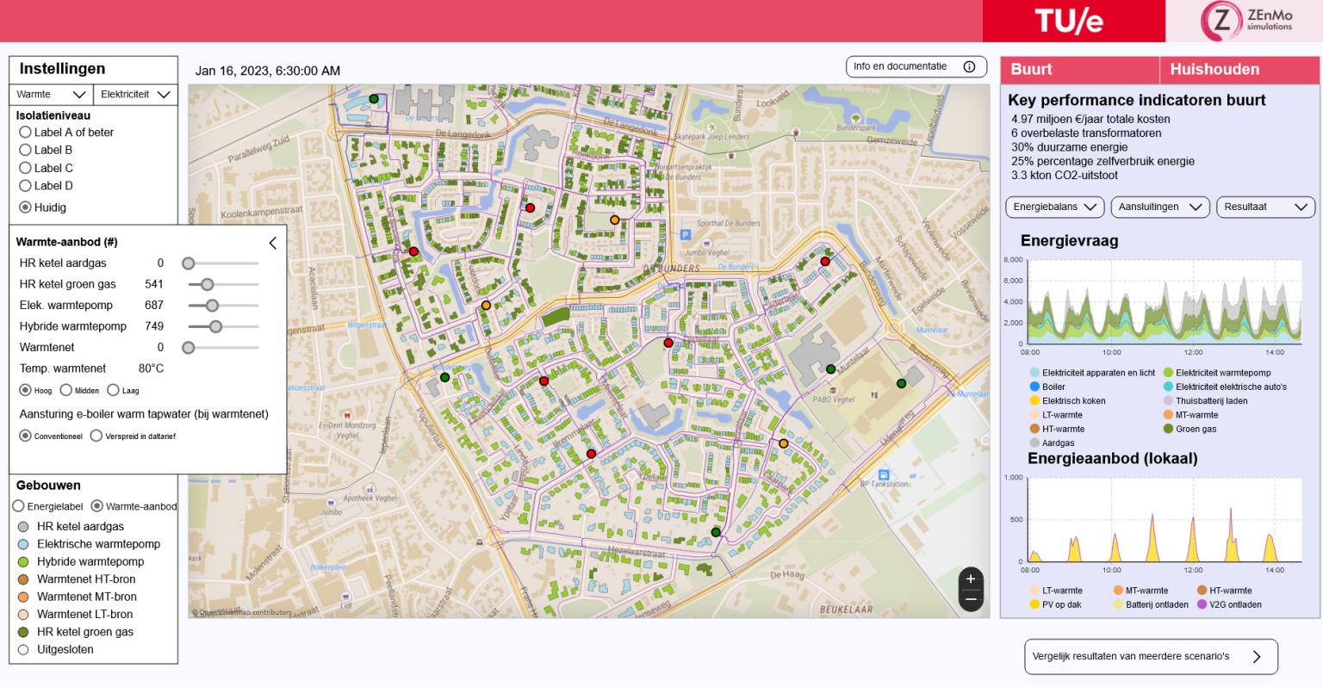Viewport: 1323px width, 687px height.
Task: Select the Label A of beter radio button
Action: (x=25, y=133)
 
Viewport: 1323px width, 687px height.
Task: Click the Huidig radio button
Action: (x=25, y=207)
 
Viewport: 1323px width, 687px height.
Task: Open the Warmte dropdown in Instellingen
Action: (x=51, y=95)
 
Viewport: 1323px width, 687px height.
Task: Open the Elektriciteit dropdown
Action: (x=134, y=95)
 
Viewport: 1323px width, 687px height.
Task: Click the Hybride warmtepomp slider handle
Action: (x=215, y=326)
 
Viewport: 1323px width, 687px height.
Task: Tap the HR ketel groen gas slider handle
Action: (x=207, y=284)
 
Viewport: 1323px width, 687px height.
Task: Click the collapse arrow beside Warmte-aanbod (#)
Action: (x=273, y=243)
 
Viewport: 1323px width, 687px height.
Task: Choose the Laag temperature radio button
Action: (x=113, y=391)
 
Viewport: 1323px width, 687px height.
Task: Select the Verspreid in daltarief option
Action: (x=96, y=436)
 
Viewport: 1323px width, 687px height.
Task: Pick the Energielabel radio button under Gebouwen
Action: (x=18, y=506)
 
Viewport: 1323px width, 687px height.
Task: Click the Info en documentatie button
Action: (x=916, y=67)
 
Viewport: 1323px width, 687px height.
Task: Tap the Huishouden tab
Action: (x=1214, y=70)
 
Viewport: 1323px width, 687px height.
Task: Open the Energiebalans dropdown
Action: (x=1055, y=207)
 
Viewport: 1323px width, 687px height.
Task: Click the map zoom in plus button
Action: (x=971, y=579)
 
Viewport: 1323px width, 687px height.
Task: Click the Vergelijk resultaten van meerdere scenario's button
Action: (x=1150, y=657)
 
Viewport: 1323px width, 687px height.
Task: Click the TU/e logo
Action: (x=1069, y=21)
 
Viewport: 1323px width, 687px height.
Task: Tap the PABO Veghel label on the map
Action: (x=833, y=399)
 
